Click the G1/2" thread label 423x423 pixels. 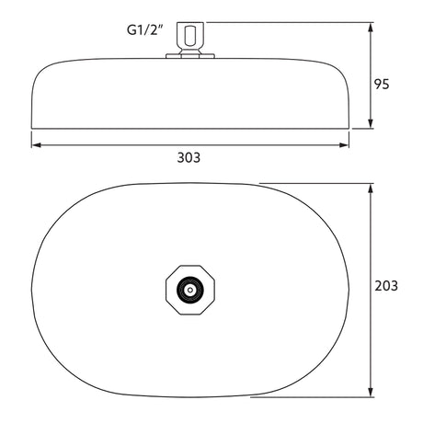[145, 30]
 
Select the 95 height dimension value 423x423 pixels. [382, 84]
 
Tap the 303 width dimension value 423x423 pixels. [189, 157]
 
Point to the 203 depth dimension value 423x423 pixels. [386, 286]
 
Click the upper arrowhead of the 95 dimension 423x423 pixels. [371, 28]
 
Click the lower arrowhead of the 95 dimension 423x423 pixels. [371, 123]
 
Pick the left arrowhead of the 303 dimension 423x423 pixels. [37, 145]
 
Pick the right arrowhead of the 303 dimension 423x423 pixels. [343, 145]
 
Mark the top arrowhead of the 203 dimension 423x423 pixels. [371, 189]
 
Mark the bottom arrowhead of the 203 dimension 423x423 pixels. [371, 392]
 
